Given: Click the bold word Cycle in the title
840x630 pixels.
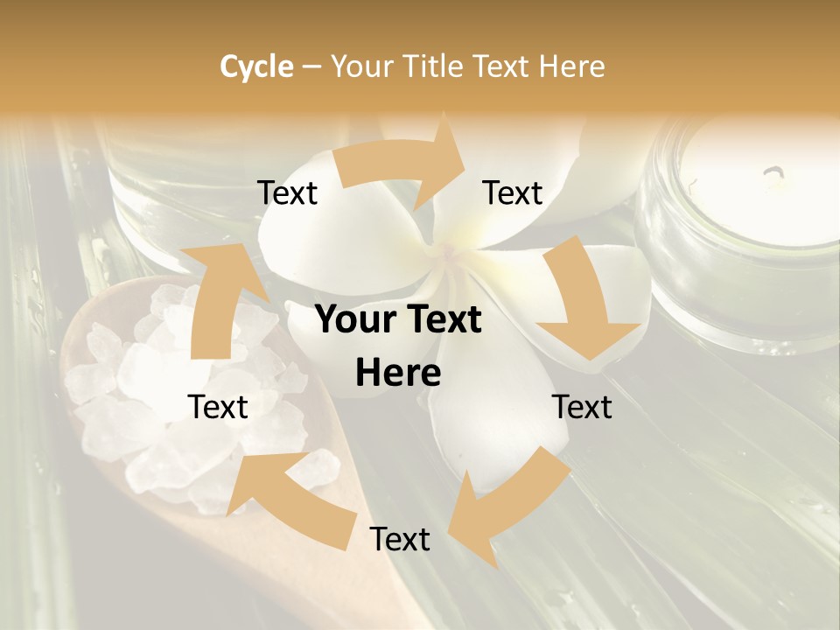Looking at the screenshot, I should click(256, 66).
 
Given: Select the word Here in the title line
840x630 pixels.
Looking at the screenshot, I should click(571, 66).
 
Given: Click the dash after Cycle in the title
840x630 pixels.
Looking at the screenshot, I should click(311, 66).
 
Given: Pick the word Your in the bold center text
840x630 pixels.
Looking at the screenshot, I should click(350, 320).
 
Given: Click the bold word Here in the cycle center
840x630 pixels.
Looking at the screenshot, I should click(398, 374).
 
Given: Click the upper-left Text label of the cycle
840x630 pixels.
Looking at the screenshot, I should click(287, 192).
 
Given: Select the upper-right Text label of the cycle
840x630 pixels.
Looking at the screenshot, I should click(513, 192).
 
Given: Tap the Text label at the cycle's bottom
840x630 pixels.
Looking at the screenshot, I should click(400, 539).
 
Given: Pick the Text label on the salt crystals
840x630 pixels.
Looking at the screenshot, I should click(219, 407).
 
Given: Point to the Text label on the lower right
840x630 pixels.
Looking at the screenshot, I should click(583, 407).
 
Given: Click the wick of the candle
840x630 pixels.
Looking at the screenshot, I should click(773, 175).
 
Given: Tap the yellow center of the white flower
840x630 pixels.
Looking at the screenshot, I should click(451, 254).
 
